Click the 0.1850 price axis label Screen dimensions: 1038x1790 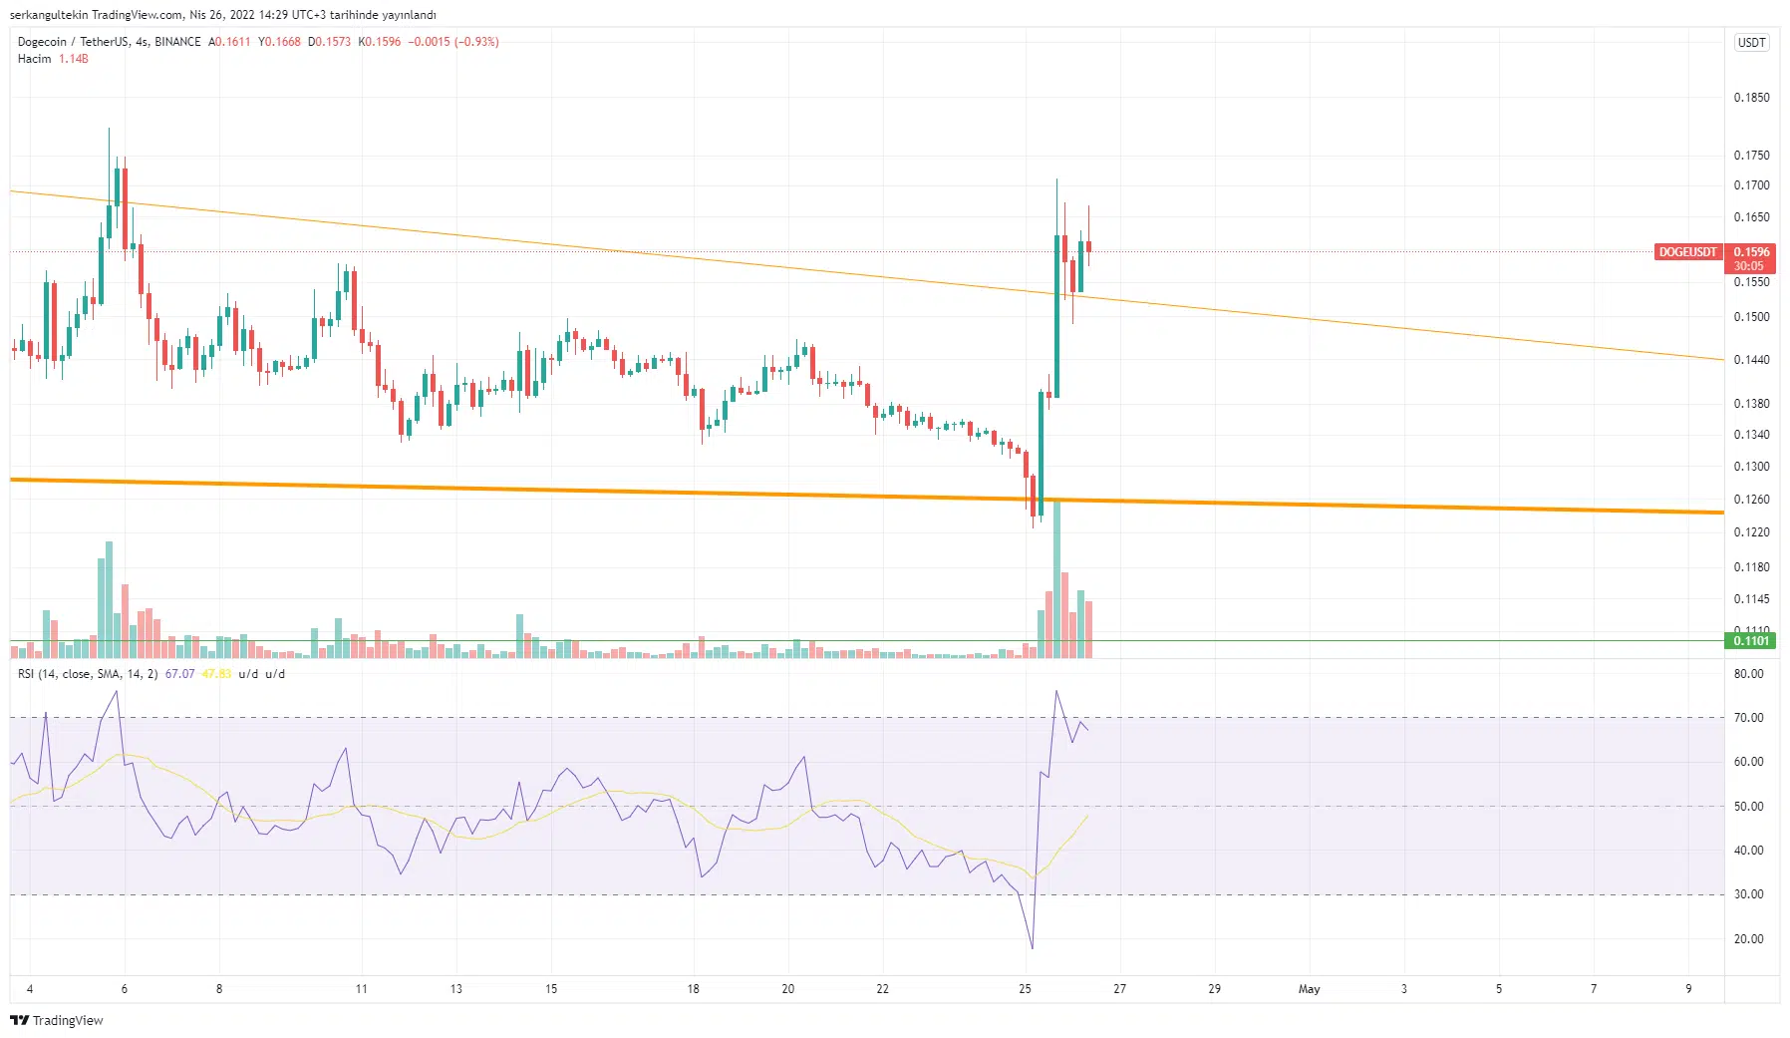pyautogui.click(x=1751, y=98)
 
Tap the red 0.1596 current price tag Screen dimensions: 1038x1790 pyautogui.click(x=1751, y=252)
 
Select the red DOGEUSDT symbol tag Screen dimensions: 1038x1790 pyautogui.click(x=1687, y=252)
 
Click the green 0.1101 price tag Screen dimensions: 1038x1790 pyautogui.click(x=1751, y=641)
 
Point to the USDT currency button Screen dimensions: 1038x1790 pyautogui.click(x=1751, y=43)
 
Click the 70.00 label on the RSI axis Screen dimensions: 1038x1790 pyautogui.click(x=1748, y=718)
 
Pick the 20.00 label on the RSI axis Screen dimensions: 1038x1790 pyautogui.click(x=1748, y=939)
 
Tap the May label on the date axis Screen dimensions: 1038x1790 pyautogui.click(x=1309, y=989)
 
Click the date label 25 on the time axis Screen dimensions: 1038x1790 pyautogui.click(x=1025, y=989)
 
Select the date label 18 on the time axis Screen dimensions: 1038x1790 pyautogui.click(x=693, y=989)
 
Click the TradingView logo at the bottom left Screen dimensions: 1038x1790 pyautogui.click(x=57, y=1020)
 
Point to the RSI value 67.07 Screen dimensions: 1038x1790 pyautogui.click(x=179, y=674)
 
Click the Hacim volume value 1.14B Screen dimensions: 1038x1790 pyautogui.click(x=73, y=59)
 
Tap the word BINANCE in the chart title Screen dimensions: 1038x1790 pyautogui.click(x=177, y=42)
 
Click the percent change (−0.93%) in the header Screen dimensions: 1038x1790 pyautogui.click(x=476, y=42)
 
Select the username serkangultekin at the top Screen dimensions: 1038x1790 pyautogui.click(x=48, y=15)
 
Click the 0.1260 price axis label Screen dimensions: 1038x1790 pyautogui.click(x=1751, y=500)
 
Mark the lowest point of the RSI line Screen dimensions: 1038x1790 pyautogui.click(x=1032, y=948)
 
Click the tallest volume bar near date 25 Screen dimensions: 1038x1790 pyautogui.click(x=1056, y=578)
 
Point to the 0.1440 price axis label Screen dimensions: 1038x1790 pyautogui.click(x=1751, y=360)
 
